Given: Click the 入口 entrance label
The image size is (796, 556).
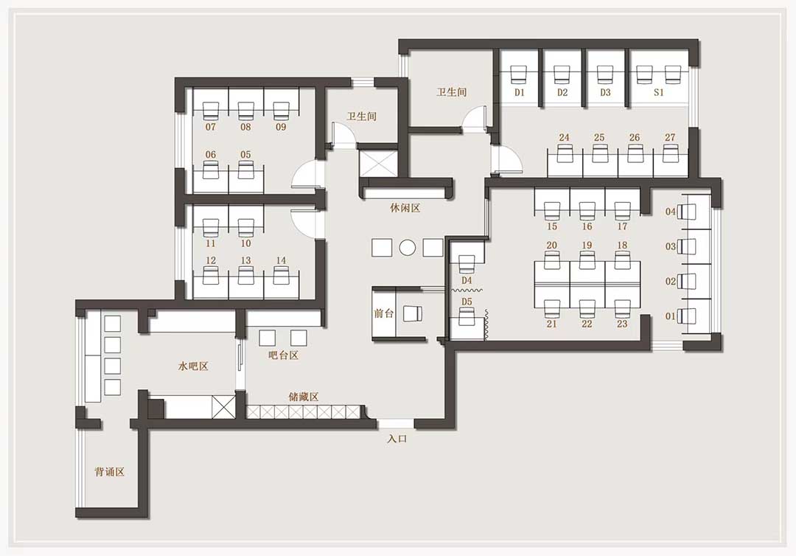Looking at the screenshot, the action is click(397, 439).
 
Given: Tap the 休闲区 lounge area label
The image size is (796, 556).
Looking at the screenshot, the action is click(405, 208).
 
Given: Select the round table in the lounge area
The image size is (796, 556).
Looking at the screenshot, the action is click(407, 248).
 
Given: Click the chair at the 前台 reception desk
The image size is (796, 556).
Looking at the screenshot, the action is click(413, 314).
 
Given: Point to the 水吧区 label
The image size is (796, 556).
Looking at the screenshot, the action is click(193, 366).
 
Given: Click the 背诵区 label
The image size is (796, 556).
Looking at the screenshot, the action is click(109, 472).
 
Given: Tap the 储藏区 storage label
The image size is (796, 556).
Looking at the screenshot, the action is click(303, 397).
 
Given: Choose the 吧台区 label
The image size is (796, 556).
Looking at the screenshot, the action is click(283, 355).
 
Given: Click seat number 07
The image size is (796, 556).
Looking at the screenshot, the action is click(211, 127).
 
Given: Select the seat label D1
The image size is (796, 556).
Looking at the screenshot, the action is click(520, 92).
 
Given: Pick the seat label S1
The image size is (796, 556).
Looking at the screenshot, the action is click(658, 92).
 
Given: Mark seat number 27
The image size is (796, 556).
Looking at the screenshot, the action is click(670, 137).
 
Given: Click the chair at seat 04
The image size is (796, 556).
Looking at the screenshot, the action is click(688, 211).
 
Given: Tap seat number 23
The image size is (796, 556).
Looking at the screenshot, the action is click(622, 324).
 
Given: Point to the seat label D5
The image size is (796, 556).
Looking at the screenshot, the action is click(467, 302).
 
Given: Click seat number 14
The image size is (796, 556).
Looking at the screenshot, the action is click(281, 260).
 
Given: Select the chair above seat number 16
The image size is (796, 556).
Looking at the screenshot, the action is click(587, 210).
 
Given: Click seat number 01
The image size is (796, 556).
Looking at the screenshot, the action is click(671, 316).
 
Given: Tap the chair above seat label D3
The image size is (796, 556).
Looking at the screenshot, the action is click(604, 74).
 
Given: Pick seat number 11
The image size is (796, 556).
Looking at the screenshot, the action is click(211, 243).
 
